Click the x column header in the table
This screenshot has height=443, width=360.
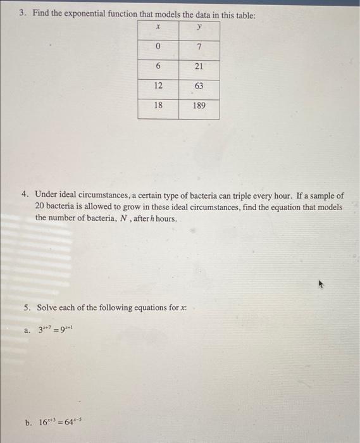[158, 28]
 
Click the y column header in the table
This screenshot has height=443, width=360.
[199, 28]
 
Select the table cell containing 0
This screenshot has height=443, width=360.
[158, 48]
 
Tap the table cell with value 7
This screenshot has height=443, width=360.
[199, 48]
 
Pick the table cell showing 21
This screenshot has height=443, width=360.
[199, 67]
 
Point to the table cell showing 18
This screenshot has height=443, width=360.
[158, 106]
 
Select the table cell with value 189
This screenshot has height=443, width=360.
[199, 106]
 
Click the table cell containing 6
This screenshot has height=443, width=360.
[158, 67]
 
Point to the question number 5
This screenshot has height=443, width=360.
[26, 308]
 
